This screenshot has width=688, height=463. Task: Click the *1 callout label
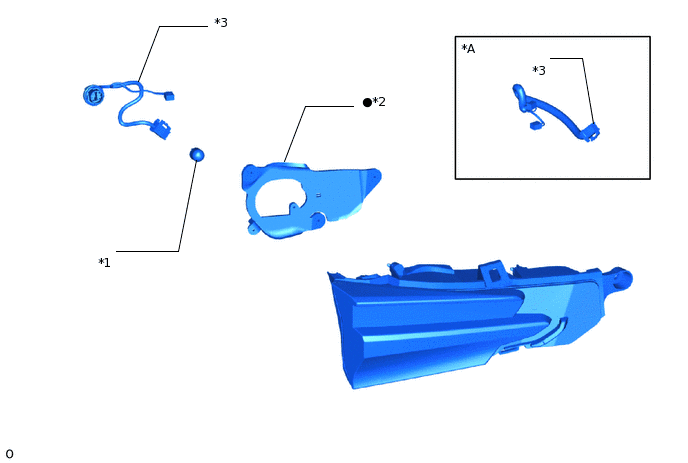tap(104, 263)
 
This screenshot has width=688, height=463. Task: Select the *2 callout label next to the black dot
tap(379, 102)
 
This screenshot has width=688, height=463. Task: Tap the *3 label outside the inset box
tap(221, 22)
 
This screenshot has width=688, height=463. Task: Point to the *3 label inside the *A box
tap(539, 70)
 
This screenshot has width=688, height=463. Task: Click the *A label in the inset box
tap(468, 48)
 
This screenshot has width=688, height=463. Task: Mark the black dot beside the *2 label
tap(367, 102)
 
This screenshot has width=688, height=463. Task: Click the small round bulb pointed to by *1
tap(197, 154)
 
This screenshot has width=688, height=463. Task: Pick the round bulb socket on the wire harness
tap(93, 96)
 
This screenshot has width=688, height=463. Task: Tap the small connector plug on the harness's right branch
tap(168, 97)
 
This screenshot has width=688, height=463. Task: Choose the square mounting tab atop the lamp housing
tap(491, 270)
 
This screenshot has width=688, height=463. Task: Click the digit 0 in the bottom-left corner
tap(9, 454)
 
